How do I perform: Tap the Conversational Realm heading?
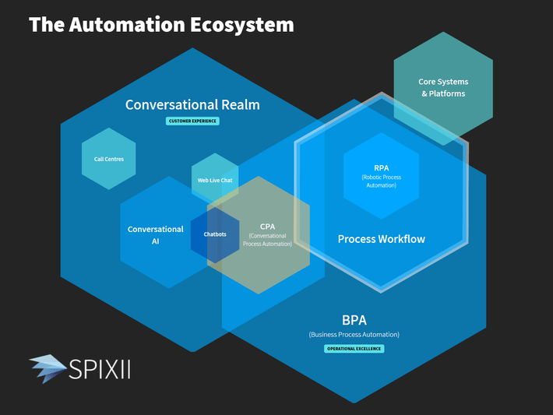192,104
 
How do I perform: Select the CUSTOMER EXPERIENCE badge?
192,121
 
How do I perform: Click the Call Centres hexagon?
108,159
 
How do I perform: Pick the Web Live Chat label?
215,180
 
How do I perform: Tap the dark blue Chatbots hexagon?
215,234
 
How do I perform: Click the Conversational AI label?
156,235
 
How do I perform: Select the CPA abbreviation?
267,227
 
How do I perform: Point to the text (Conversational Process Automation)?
267,240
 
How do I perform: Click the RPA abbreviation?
381,167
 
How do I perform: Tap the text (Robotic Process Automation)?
381,181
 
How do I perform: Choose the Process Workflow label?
381,239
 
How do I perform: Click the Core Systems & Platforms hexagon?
442,87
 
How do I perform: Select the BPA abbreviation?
354,320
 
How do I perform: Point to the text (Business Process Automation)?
354,335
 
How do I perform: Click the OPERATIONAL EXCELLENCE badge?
354,349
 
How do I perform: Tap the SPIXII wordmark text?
100,369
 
